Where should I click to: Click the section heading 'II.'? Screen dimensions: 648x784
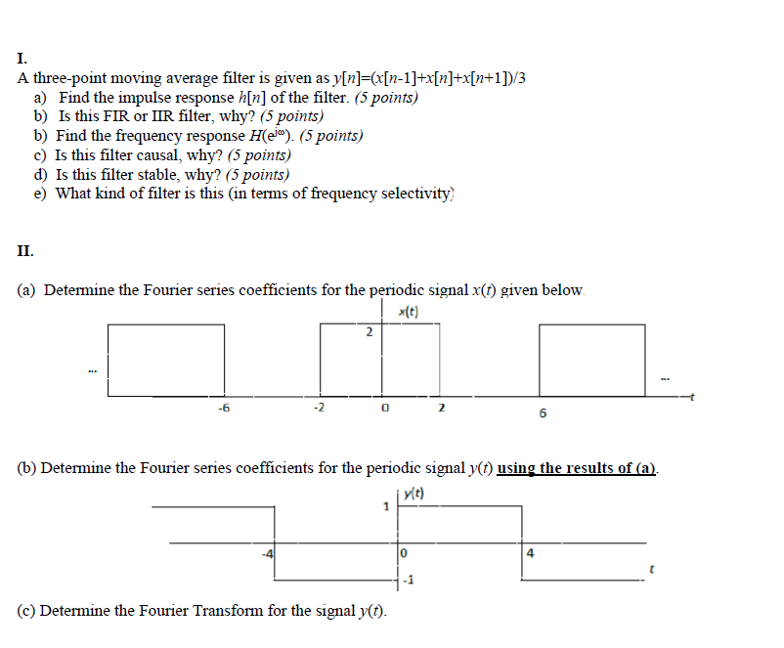coord(25,250)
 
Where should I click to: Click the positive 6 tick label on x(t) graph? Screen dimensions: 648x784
coord(543,413)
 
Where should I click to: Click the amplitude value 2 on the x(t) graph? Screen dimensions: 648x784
coord(369,333)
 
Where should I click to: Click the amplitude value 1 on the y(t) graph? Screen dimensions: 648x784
coord(386,507)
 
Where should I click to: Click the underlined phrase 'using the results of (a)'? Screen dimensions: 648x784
coord(577,468)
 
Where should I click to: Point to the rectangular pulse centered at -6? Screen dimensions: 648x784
coord(166,360)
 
